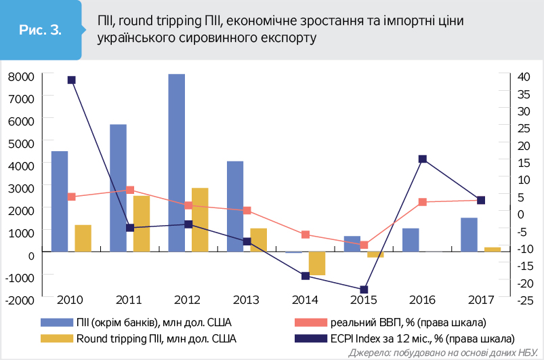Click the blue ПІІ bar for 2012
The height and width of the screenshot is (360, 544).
[x=176, y=163]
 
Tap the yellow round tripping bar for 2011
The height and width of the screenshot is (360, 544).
[x=142, y=224]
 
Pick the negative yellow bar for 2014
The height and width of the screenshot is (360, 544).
[x=317, y=263]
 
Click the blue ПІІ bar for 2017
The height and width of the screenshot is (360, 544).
[x=469, y=235]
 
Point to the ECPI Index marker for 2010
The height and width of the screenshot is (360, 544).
[x=72, y=80]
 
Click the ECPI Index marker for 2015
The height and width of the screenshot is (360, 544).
[x=364, y=289]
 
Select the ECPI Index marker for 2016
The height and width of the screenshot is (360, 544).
[x=422, y=159]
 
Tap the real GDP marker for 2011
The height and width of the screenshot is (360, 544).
[x=130, y=191]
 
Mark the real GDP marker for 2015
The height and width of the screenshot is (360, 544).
[x=364, y=245]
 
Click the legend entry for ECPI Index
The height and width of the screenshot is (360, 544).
[x=420, y=337]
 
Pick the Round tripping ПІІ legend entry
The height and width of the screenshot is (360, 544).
[x=149, y=337]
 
